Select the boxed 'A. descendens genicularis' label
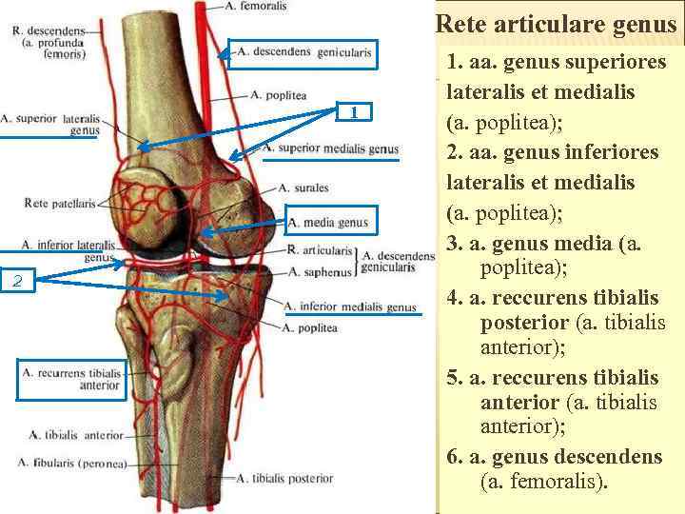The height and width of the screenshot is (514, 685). point(303,52)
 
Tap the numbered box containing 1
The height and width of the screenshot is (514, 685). point(354,112)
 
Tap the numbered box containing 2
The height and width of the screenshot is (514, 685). point(19,281)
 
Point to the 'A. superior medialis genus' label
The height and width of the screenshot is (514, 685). point(330,149)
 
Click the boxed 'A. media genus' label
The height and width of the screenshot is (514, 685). point(327,224)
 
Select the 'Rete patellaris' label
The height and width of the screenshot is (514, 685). point(60,203)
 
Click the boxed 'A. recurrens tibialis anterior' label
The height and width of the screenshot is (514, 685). point(71,379)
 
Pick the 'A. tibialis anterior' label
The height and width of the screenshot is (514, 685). point(76,435)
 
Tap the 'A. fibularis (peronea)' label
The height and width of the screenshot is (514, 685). point(71,464)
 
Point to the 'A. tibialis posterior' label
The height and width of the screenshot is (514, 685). point(285,479)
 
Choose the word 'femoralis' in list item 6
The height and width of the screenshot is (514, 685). point(553,482)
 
